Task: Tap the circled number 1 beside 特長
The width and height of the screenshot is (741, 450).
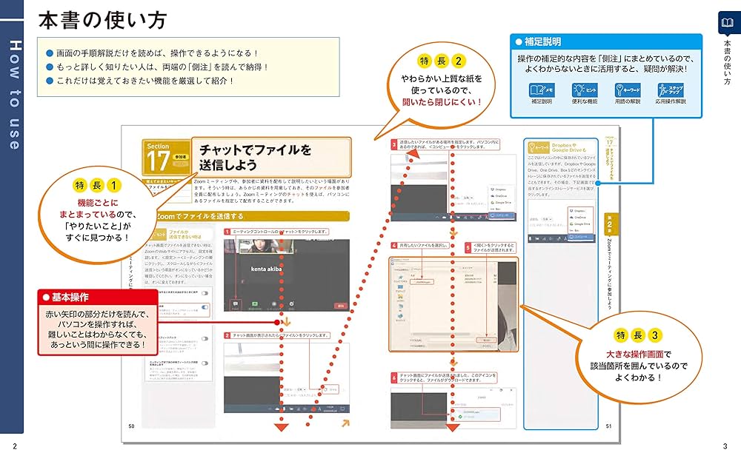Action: coord(113,184)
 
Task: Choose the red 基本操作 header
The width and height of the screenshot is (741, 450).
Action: coord(96,297)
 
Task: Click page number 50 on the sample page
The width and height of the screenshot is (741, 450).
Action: coord(132,426)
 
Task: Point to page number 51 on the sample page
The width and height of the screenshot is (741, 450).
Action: coord(608,426)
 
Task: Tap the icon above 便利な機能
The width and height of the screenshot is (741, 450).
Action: coord(584,90)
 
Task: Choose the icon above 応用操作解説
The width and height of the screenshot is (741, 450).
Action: coord(670,90)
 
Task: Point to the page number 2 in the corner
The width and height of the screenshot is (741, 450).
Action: coord(15,443)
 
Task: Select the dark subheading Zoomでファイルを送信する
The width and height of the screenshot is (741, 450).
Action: coord(200,216)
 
